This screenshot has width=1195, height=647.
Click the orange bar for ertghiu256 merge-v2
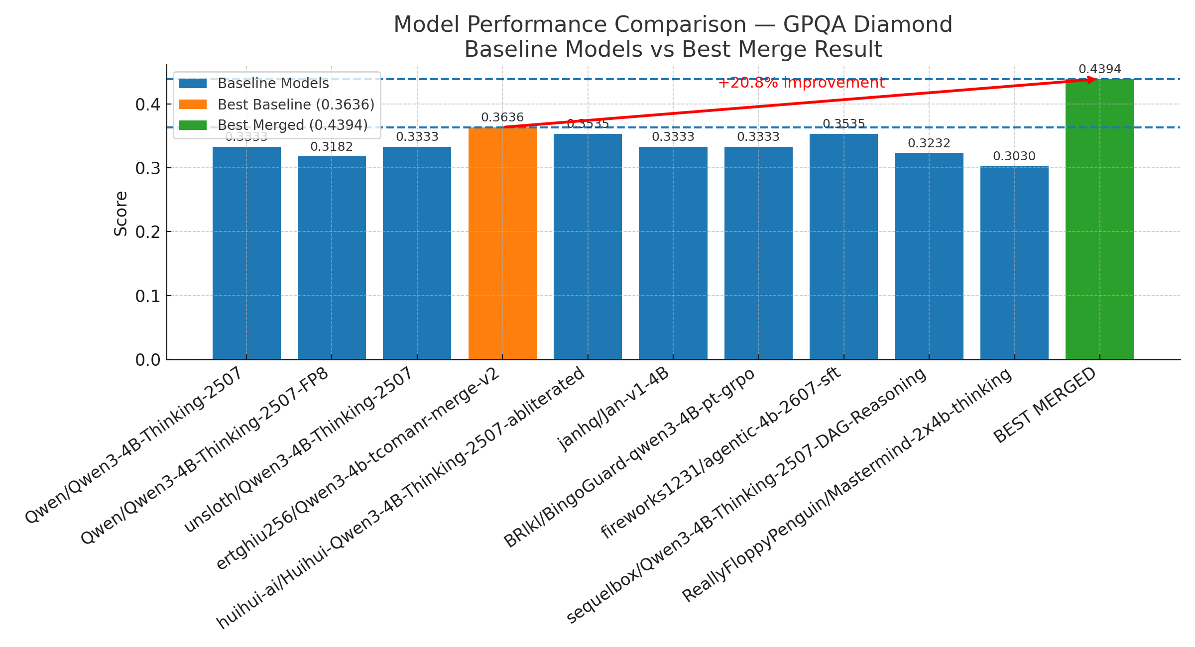click(502, 244)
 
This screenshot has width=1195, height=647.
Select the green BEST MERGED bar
click(1099, 219)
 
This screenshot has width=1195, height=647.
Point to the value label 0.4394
click(1099, 69)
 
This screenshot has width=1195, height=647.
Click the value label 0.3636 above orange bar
click(502, 117)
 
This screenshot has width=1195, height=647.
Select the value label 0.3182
click(332, 147)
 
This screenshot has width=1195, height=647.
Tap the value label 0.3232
click(929, 143)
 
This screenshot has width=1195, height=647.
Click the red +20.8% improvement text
click(801, 83)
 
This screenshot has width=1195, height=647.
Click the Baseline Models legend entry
click(273, 84)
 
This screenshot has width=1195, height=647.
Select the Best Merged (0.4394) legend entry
click(292, 125)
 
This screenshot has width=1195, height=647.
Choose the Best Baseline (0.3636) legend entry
click(296, 105)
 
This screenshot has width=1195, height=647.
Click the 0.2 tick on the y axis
click(147, 232)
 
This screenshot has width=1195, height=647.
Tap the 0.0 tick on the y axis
click(147, 360)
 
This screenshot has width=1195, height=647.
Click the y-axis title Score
click(121, 214)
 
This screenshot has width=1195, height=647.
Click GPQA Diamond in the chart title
click(867, 24)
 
